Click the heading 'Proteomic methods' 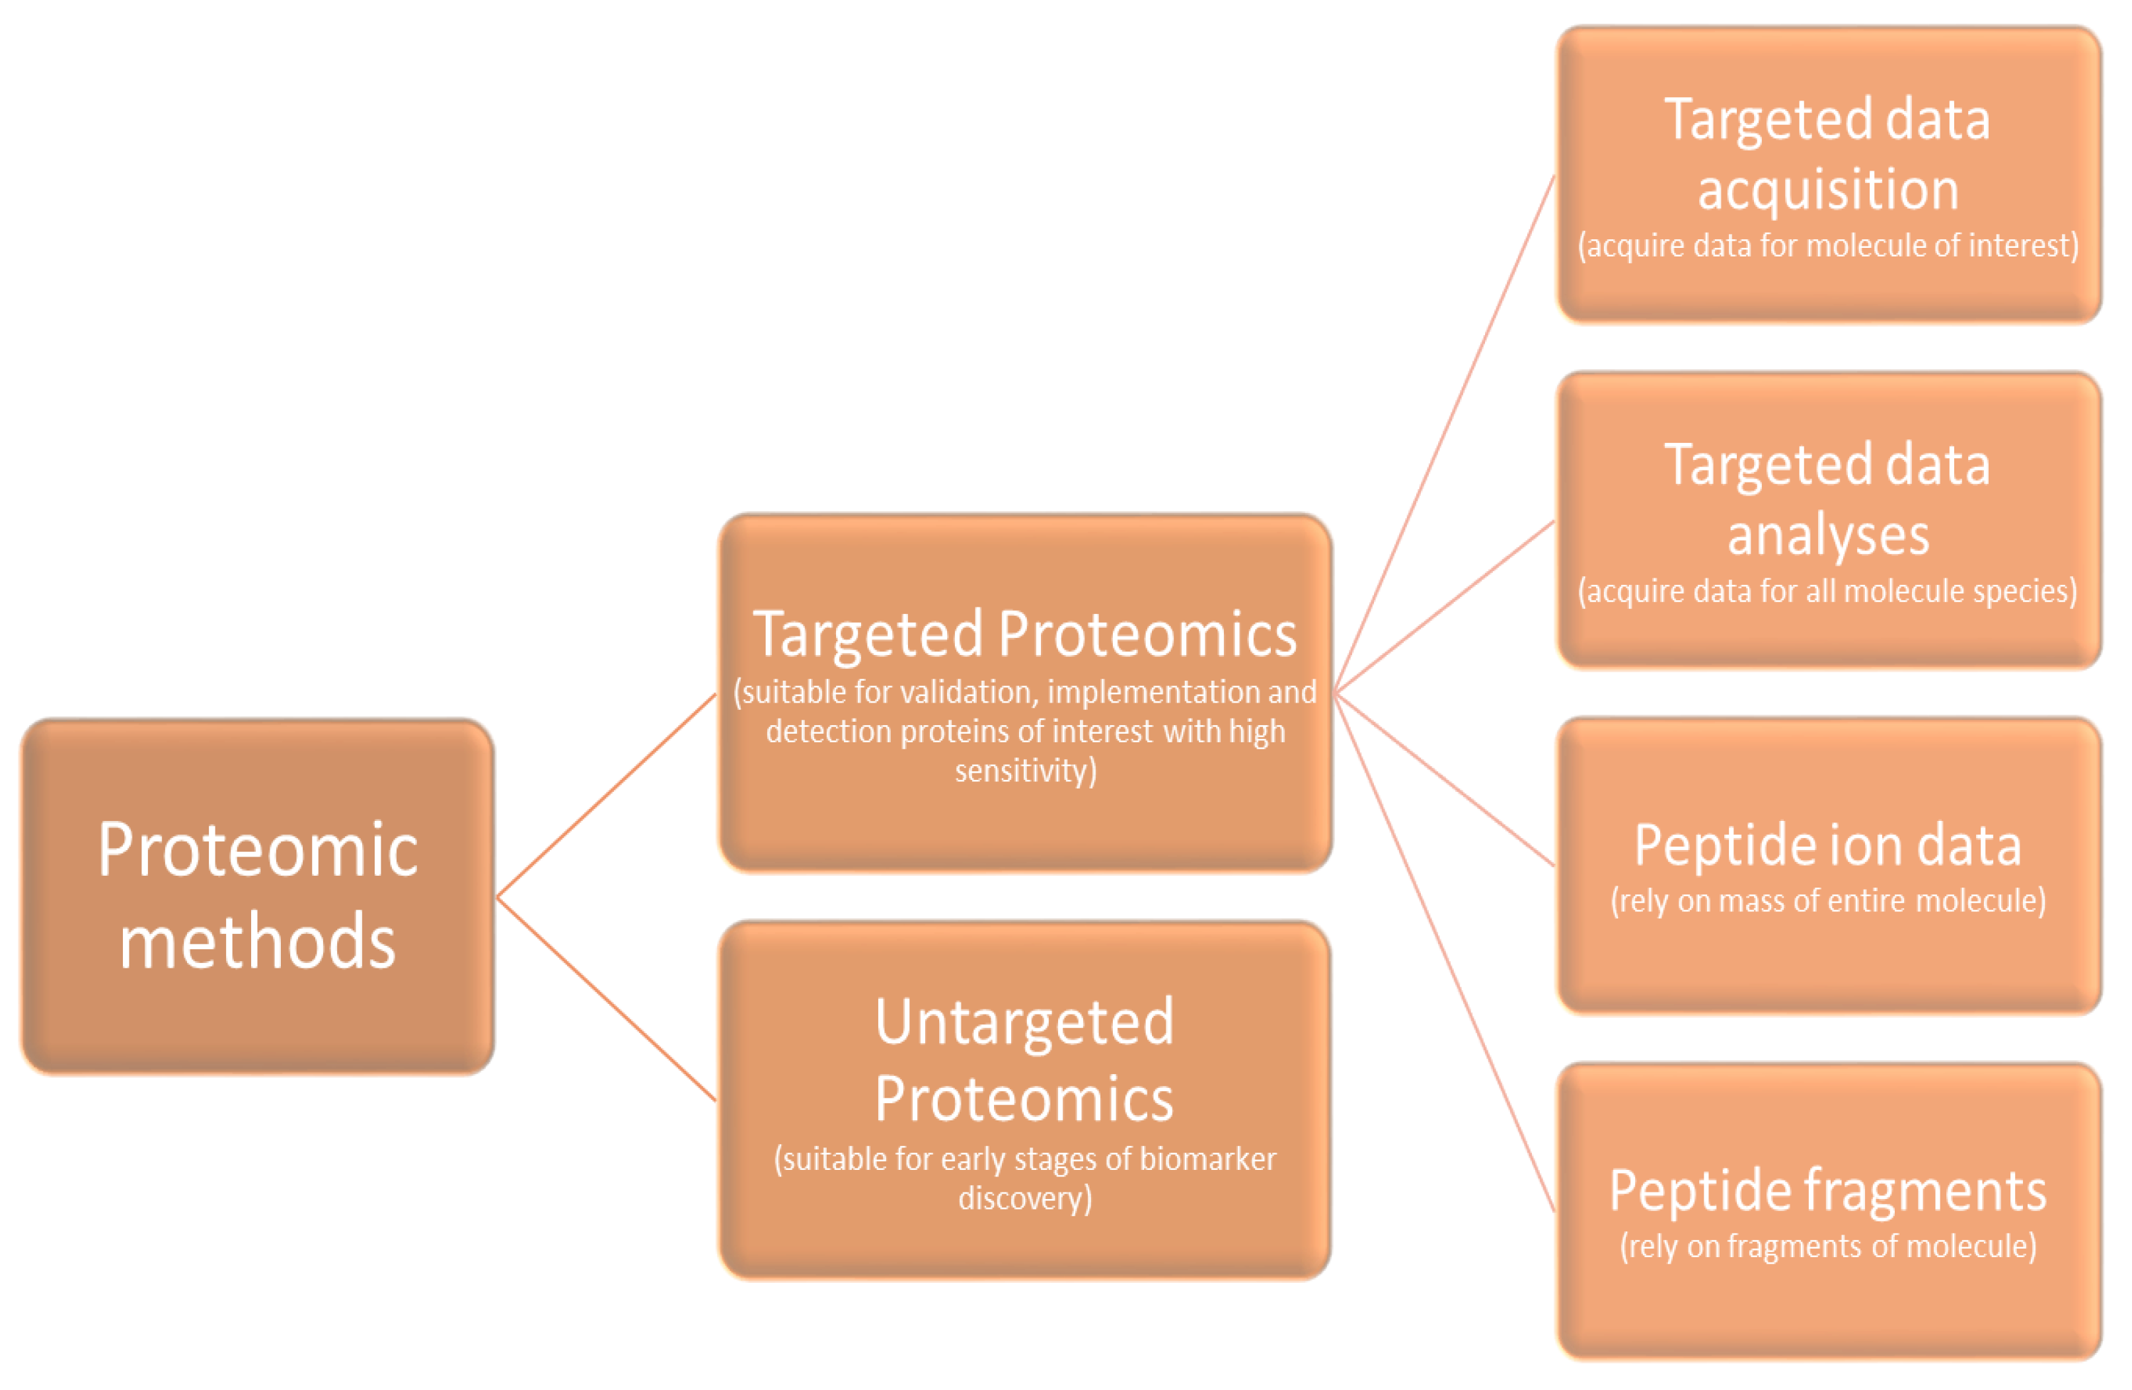[258, 895]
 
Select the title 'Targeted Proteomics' [1025, 634]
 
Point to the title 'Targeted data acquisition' [1827, 154]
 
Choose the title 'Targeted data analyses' [1827, 500]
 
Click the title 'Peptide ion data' [1827, 845]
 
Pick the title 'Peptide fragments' [1827, 1190]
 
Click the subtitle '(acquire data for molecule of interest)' [1827, 245]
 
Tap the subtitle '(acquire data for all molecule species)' [1827, 591]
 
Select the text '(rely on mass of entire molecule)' [1827, 900]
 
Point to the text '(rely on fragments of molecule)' [1827, 1246]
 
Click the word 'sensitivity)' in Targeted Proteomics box [1025, 770]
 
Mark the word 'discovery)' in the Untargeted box [1025, 1198]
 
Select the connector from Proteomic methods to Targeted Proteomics [607, 795]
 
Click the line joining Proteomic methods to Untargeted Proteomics [607, 999]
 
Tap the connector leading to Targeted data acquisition [1444, 434]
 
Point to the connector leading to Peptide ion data [1444, 779]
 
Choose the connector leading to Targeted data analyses [1444, 607]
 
